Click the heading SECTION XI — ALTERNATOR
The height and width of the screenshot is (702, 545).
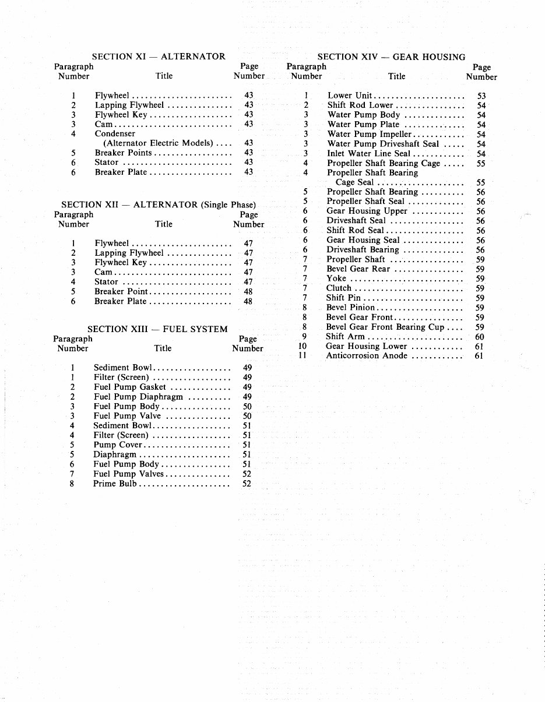[x=159, y=57]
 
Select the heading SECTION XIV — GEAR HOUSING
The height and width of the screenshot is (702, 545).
[x=391, y=57]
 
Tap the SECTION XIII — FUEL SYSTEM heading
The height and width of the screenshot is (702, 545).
[x=157, y=329]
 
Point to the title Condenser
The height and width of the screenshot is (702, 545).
[x=115, y=133]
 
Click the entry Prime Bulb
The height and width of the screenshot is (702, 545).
[x=115, y=484]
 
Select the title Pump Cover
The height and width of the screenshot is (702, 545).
[x=118, y=445]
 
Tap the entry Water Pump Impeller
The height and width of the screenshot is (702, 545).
[x=370, y=134]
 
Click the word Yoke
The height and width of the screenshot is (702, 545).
[x=336, y=278]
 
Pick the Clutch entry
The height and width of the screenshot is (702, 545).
[x=339, y=288]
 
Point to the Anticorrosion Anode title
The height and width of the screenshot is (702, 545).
[x=367, y=356]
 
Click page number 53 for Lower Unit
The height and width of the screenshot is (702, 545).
[x=481, y=96]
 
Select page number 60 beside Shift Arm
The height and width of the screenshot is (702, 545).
[x=479, y=337]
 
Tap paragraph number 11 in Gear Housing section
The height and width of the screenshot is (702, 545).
[x=302, y=356]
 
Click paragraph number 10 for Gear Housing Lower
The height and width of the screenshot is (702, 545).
[x=302, y=346]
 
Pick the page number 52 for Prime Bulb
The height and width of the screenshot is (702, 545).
[x=247, y=484]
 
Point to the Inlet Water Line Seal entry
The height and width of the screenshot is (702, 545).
[x=369, y=154]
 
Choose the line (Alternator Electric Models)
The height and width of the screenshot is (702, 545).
[x=158, y=143]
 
